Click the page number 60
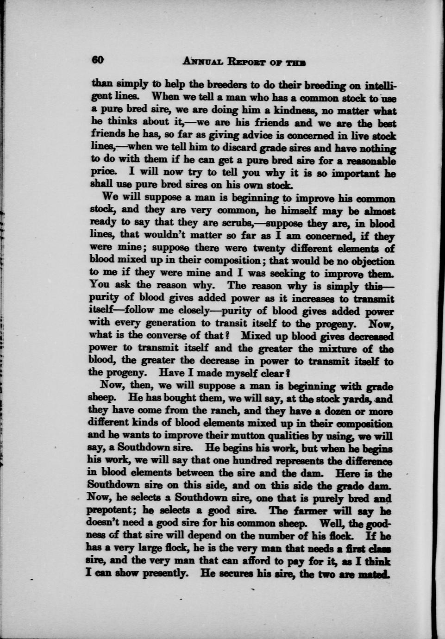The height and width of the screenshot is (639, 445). (98, 61)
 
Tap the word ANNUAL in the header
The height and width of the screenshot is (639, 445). (204, 62)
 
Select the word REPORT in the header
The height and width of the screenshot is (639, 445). (250, 62)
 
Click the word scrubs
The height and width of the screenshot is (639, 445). (235, 224)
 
